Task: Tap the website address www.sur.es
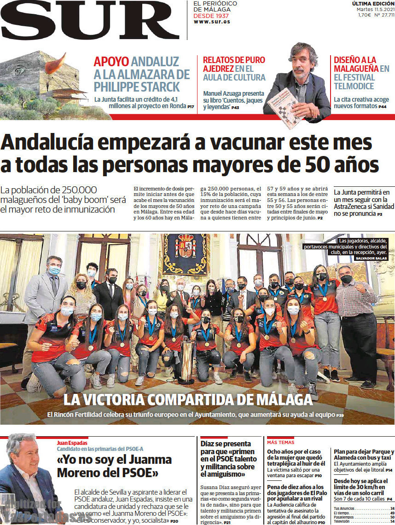pyautogui.click(x=211, y=22)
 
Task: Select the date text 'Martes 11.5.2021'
pyautogui.click(x=375, y=9)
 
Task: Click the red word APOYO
pyautogui.click(x=111, y=62)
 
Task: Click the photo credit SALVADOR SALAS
pyautogui.click(x=372, y=259)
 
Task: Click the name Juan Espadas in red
pyautogui.click(x=72, y=443)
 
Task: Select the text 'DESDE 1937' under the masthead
pyautogui.click(x=211, y=16)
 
